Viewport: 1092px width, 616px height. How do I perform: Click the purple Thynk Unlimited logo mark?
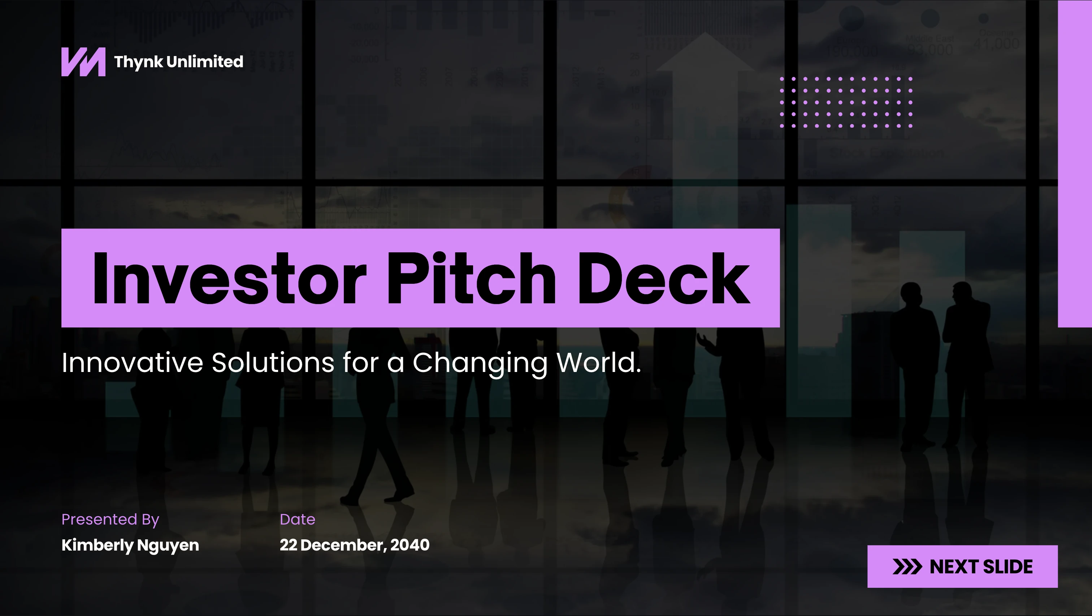pyautogui.click(x=83, y=62)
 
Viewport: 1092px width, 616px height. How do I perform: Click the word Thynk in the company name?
pyautogui.click(x=139, y=62)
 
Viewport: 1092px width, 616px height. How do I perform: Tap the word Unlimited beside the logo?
pyautogui.click(x=205, y=61)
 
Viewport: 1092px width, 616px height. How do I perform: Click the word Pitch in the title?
pyautogui.click(x=471, y=278)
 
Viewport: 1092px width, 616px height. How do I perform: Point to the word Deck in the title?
pyautogui.click(x=664, y=278)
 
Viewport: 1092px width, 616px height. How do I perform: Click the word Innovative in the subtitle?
pyautogui.click(x=132, y=362)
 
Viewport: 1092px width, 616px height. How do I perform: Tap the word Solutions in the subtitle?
pyautogui.click(x=273, y=362)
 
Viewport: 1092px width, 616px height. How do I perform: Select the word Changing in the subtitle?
pyautogui.click(x=480, y=364)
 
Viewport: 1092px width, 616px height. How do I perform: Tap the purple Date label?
pyautogui.click(x=298, y=519)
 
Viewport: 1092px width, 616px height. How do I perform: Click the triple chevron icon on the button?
pyautogui.click(x=907, y=567)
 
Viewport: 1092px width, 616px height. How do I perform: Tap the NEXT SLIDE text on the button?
pyautogui.click(x=981, y=567)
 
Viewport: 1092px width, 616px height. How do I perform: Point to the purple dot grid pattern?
pyautogui.click(x=846, y=102)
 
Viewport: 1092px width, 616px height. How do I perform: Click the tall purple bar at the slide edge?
pyautogui.click(x=1075, y=164)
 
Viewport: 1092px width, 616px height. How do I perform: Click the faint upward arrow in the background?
pyautogui.click(x=705, y=127)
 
